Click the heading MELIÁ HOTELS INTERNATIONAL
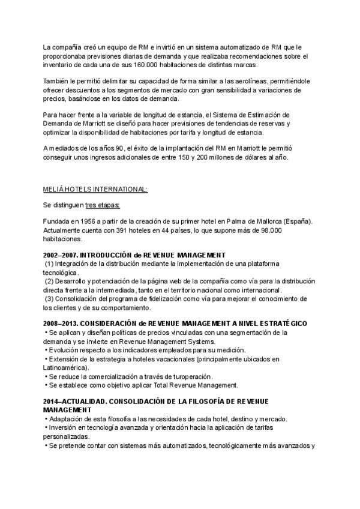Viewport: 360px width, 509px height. click(95, 189)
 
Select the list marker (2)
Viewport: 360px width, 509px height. click(50, 281)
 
